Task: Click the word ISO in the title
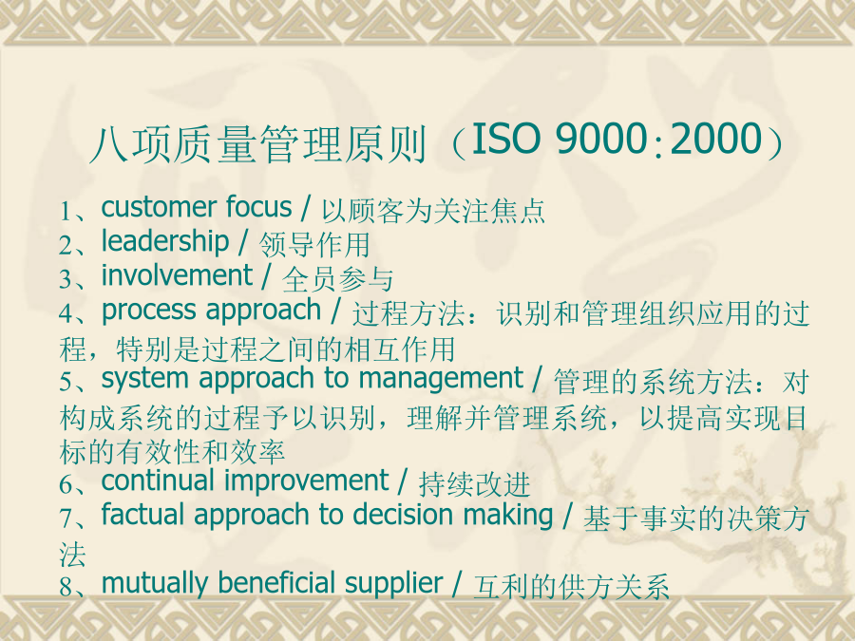[505, 138]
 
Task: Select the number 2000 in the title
[716, 138]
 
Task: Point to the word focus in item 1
[259, 207]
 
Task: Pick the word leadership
[165, 242]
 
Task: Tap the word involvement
[178, 275]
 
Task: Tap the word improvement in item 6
[306, 481]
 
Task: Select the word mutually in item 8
[154, 583]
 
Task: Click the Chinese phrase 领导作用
[314, 244]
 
